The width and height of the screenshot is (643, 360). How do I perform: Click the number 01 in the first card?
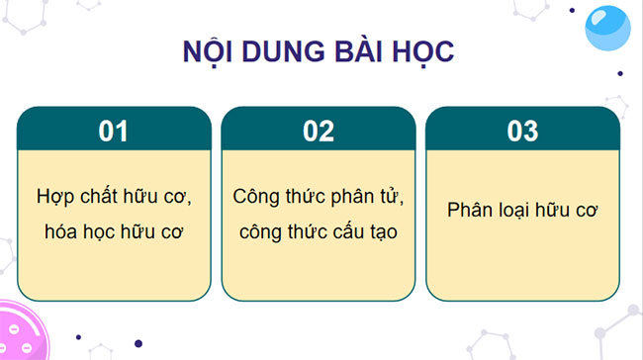tap(114, 131)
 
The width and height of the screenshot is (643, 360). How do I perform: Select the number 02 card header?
tap(318, 131)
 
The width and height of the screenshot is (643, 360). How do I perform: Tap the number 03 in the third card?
tap(521, 131)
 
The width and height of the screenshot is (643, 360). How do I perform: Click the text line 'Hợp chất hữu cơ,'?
tap(114, 196)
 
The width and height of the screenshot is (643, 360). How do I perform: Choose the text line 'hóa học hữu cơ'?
tap(114, 232)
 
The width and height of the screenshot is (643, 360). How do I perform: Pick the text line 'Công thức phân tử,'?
tap(318, 196)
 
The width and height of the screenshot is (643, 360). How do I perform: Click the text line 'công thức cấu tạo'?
tap(318, 232)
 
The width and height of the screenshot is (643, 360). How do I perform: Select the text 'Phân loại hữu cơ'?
tap(521, 211)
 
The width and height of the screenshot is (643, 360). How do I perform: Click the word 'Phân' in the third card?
tap(468, 211)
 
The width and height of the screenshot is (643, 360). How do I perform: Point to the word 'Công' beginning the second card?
tap(255, 196)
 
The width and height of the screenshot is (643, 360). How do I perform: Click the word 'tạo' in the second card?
tap(390, 232)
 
